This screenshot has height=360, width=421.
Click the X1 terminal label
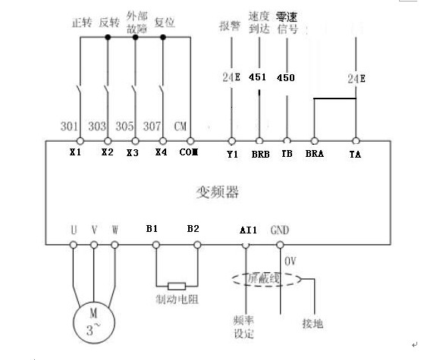75,152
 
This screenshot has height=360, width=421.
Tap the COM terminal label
188,152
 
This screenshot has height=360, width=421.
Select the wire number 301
69,126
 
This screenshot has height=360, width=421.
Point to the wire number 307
152,126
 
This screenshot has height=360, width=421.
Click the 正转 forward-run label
82,23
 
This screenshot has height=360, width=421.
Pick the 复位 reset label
165,23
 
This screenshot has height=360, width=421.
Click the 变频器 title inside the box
218,192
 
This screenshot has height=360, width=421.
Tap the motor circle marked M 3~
94,322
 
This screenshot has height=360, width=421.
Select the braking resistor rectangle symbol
177,286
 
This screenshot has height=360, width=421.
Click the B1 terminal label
152,229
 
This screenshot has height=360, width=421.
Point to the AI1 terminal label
248,230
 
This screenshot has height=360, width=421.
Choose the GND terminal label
280,230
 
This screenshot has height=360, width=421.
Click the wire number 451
257,77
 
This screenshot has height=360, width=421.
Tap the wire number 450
286,78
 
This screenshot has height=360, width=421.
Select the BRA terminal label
314,153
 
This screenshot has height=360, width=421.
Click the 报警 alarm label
230,26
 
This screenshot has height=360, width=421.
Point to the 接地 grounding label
313,324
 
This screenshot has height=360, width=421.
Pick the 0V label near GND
291,261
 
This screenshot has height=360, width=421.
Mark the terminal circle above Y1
231,141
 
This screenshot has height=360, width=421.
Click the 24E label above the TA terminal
357,79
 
